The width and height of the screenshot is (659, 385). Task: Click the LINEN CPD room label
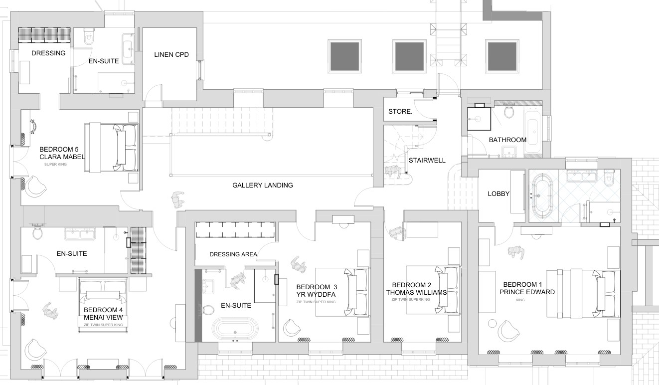pyautogui.click(x=171, y=54)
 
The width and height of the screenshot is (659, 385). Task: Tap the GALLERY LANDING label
pyautogui.click(x=263, y=185)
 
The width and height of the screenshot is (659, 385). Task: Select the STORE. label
pyautogui.click(x=400, y=111)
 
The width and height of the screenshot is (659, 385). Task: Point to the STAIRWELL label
pyautogui.click(x=427, y=160)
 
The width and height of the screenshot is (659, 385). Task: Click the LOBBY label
pyautogui.click(x=498, y=193)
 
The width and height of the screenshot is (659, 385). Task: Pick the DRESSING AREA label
pyautogui.click(x=233, y=254)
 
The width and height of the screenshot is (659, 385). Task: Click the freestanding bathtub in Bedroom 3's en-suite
pyautogui.click(x=235, y=328)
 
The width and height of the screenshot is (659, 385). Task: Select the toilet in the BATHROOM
pyautogui.click(x=508, y=112)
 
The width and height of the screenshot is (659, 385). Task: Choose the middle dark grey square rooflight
pyautogui.click(x=409, y=56)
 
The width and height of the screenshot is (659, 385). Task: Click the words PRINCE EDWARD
pyautogui.click(x=527, y=292)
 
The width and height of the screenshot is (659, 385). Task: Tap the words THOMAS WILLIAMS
pyautogui.click(x=416, y=292)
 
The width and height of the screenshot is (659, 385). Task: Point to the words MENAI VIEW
pyautogui.click(x=103, y=318)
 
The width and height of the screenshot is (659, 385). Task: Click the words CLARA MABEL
pyautogui.click(x=62, y=157)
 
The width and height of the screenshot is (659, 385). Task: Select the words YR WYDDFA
pyautogui.click(x=316, y=294)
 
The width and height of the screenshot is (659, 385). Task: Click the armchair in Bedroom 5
pyautogui.click(x=35, y=187)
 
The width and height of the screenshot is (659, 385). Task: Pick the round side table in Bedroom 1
pyautogui.click(x=492, y=324)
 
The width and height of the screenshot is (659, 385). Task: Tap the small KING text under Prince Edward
pyautogui.click(x=520, y=300)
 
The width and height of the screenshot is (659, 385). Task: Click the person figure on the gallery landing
pyautogui.click(x=177, y=199)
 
